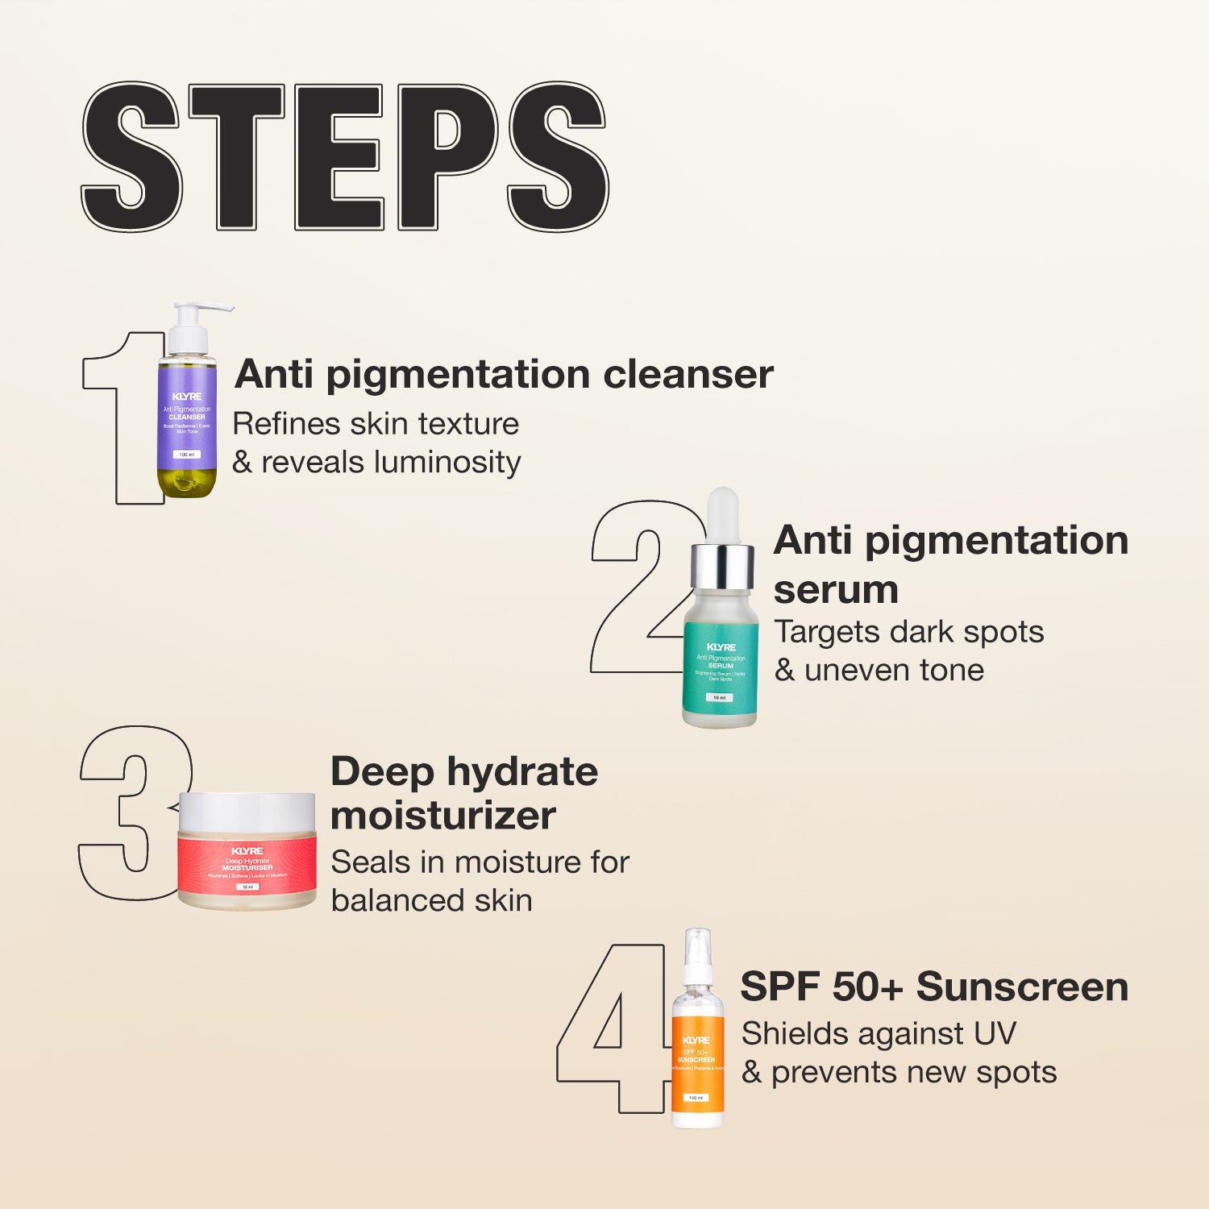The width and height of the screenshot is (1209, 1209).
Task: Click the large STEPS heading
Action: pyautogui.click(x=345, y=157)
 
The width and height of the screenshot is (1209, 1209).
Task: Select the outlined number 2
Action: pyautogui.click(x=637, y=588)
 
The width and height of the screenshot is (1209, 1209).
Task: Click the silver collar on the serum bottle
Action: pyautogui.click(x=723, y=566)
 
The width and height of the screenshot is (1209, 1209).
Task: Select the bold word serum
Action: pyautogui.click(x=835, y=590)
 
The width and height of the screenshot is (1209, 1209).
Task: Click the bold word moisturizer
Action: pyautogui.click(x=442, y=816)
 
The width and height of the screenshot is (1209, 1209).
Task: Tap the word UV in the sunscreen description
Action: pyautogui.click(x=995, y=1033)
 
